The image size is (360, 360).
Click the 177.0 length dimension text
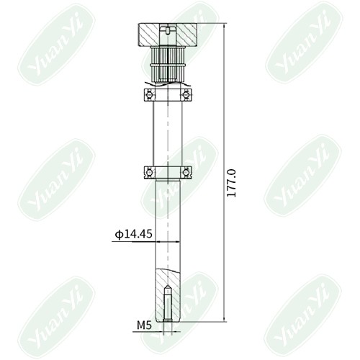pos(232,183)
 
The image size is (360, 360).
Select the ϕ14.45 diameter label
pos(133,234)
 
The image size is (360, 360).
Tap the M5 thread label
pos(144,325)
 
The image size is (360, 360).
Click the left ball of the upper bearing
pos(150,95)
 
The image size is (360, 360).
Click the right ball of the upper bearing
pos(186,95)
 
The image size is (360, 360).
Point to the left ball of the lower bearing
pos(150,172)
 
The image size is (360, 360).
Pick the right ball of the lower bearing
pos(186,172)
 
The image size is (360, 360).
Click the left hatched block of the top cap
pos(148,35)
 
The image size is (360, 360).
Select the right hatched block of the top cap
pos(186,35)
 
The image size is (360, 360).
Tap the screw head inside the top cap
pos(168,30)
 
